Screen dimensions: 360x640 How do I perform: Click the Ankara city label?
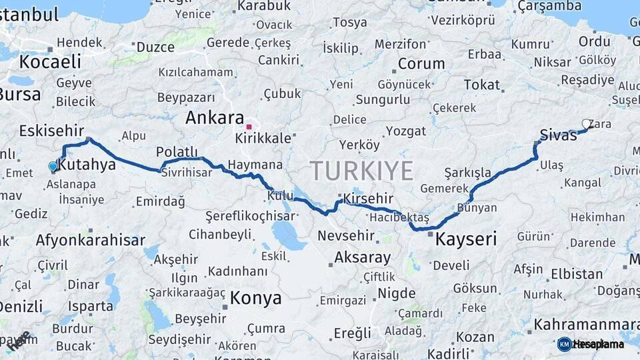tap(214, 118)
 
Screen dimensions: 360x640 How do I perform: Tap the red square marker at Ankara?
tap(249, 126)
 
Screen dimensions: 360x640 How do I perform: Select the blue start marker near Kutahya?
tap(53, 166)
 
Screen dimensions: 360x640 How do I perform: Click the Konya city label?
tap(255, 298)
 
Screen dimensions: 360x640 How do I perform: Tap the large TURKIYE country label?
tap(361, 171)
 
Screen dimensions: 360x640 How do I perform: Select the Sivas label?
tap(558, 135)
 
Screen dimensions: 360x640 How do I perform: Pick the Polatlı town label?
tap(177, 151)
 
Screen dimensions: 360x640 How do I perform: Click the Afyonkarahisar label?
tap(90, 239)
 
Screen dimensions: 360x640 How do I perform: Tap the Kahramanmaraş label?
tap(585, 325)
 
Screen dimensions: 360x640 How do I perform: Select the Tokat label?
tap(481, 85)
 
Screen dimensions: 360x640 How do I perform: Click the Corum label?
tap(421, 65)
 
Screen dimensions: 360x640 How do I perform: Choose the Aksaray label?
tap(362, 257)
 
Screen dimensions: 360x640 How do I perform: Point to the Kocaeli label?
tap(50, 62)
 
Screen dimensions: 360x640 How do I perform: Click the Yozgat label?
tap(405, 131)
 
